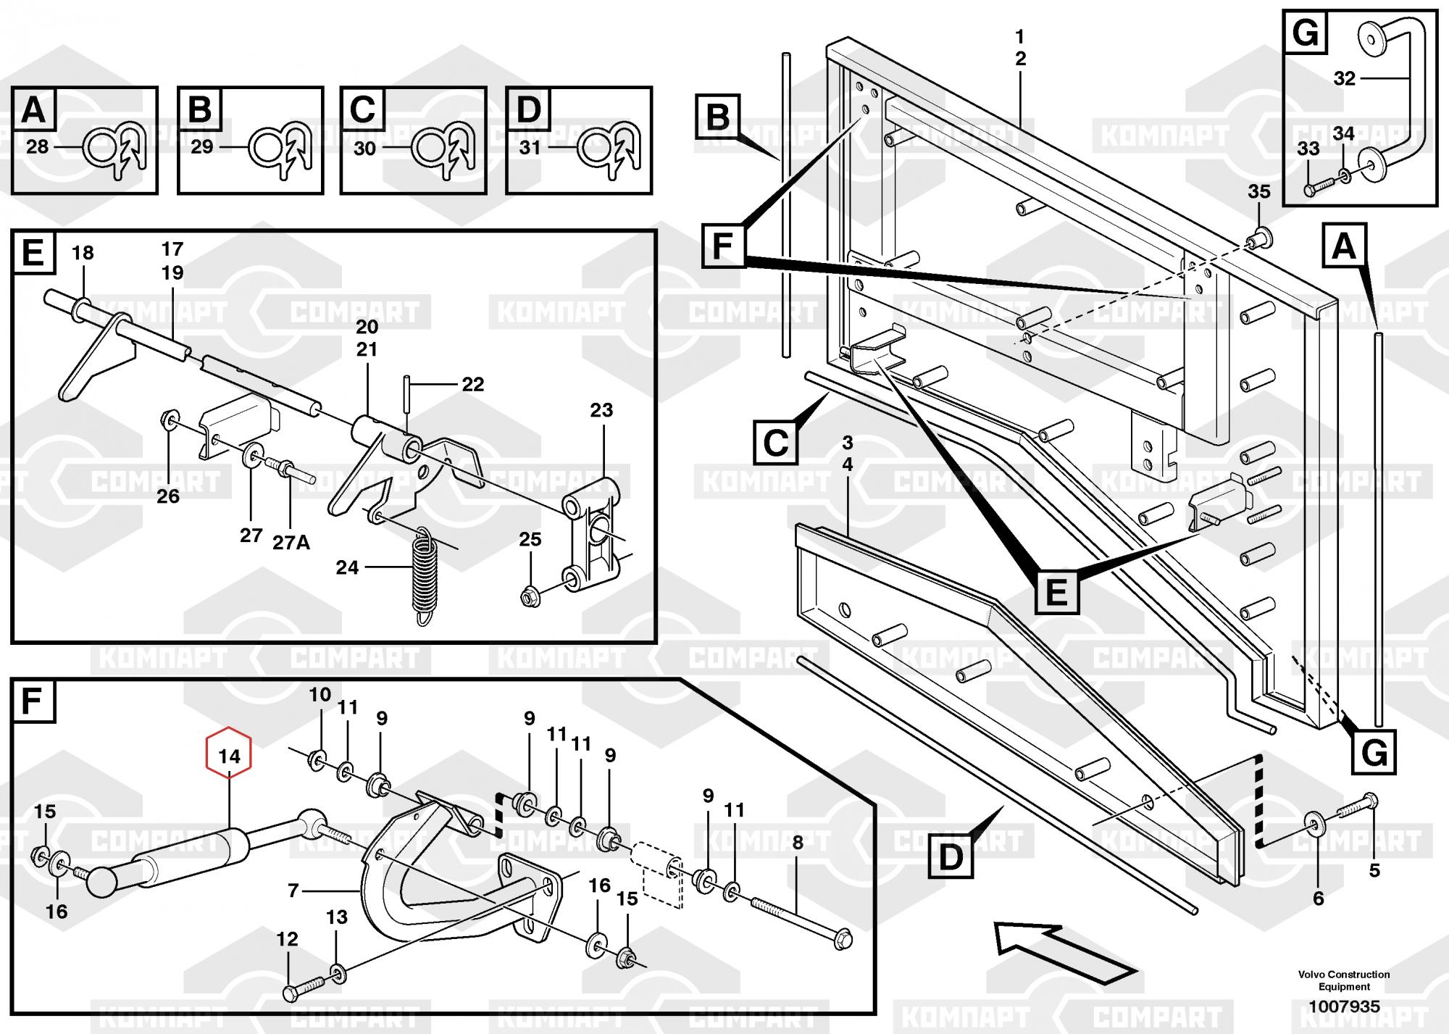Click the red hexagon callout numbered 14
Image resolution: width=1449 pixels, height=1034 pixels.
click(x=229, y=756)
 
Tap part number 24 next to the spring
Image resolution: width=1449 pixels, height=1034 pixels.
click(x=347, y=567)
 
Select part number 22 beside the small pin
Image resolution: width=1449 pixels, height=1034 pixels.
click(x=472, y=384)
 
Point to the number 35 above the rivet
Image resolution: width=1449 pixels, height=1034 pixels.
click(x=1259, y=192)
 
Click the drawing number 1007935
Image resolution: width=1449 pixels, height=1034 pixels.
click(x=1343, y=1006)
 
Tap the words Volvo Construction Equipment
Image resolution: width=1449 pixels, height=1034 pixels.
click(x=1344, y=980)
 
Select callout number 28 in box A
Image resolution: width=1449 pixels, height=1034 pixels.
click(x=37, y=147)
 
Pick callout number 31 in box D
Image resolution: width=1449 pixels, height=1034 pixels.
click(x=530, y=147)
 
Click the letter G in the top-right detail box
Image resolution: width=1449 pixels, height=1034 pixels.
click(x=1306, y=33)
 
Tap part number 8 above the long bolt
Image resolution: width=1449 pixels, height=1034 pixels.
click(x=798, y=843)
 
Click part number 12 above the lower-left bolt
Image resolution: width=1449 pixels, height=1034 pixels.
click(x=288, y=939)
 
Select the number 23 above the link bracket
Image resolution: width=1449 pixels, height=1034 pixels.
click(x=601, y=410)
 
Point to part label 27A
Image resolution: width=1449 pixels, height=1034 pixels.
click(x=291, y=542)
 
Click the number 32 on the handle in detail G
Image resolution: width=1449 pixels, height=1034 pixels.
click(x=1344, y=78)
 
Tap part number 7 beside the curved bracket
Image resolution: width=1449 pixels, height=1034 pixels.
click(x=293, y=891)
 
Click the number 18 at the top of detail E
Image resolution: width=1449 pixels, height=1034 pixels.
click(x=83, y=253)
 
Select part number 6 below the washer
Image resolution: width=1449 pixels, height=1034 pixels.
click(x=1318, y=899)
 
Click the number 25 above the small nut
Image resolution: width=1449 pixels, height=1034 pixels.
click(x=530, y=539)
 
